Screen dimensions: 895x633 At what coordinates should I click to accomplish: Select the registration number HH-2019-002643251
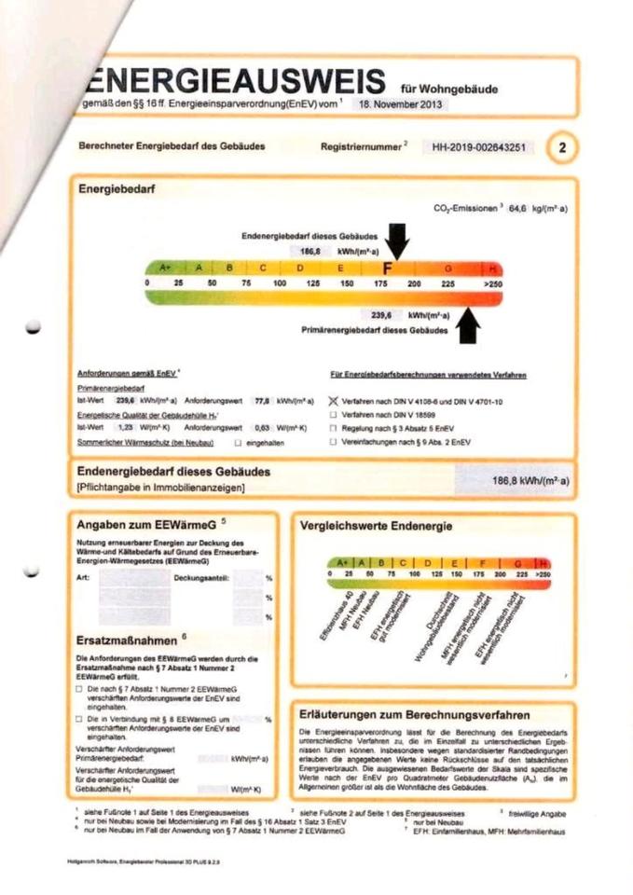pos(478,147)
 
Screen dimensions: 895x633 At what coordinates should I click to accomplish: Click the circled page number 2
pos(562,147)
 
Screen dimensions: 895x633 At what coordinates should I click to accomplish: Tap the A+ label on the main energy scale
pos(166,268)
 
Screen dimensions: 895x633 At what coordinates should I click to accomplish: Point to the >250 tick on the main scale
pos(492,282)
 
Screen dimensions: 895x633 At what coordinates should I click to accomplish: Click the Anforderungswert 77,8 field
pos(264,399)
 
